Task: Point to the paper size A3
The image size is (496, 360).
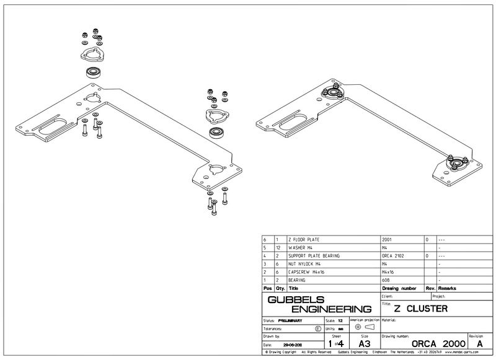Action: [365, 342]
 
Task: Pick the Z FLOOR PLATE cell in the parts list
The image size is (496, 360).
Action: [306, 239]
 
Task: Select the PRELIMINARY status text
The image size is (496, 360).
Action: [290, 320]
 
